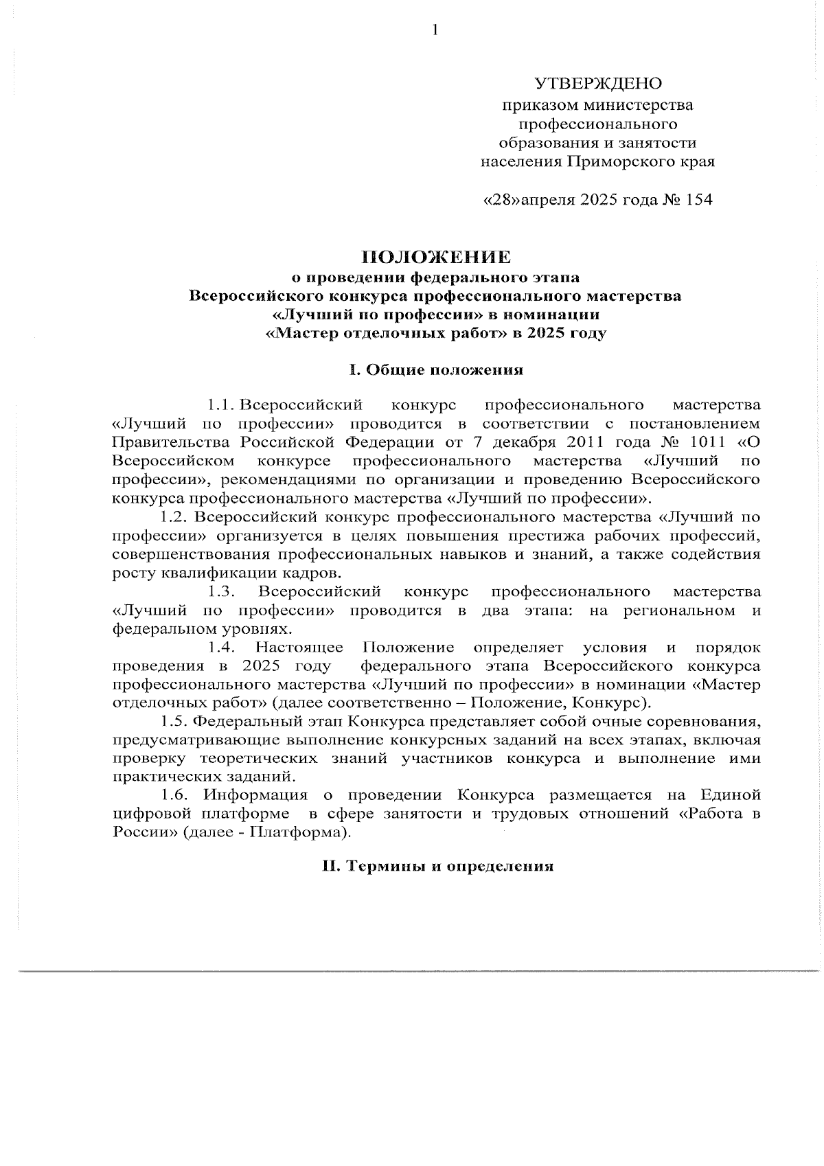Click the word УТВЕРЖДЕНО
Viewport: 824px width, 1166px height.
[598, 84]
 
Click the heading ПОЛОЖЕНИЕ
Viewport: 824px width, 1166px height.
[437, 258]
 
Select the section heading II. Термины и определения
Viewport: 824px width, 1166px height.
[438, 866]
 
